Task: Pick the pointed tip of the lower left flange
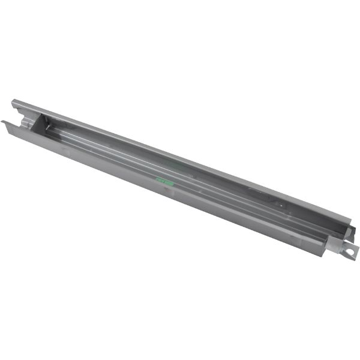tap(2, 122)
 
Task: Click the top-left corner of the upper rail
tap(13, 101)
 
